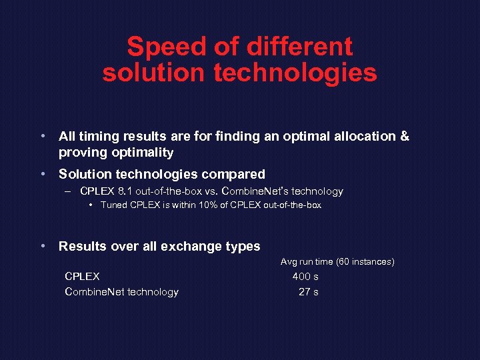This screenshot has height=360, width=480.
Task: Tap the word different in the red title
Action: click(x=299, y=47)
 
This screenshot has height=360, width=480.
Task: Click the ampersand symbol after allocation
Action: click(x=404, y=136)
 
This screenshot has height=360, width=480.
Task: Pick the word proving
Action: click(x=83, y=153)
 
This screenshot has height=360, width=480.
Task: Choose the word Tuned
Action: click(x=113, y=205)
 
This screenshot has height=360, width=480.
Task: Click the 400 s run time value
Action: click(x=305, y=276)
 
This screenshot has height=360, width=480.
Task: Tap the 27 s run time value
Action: click(x=308, y=292)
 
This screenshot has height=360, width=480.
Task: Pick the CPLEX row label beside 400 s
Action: click(x=82, y=276)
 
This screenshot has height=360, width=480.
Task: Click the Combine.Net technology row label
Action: click(x=121, y=292)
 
